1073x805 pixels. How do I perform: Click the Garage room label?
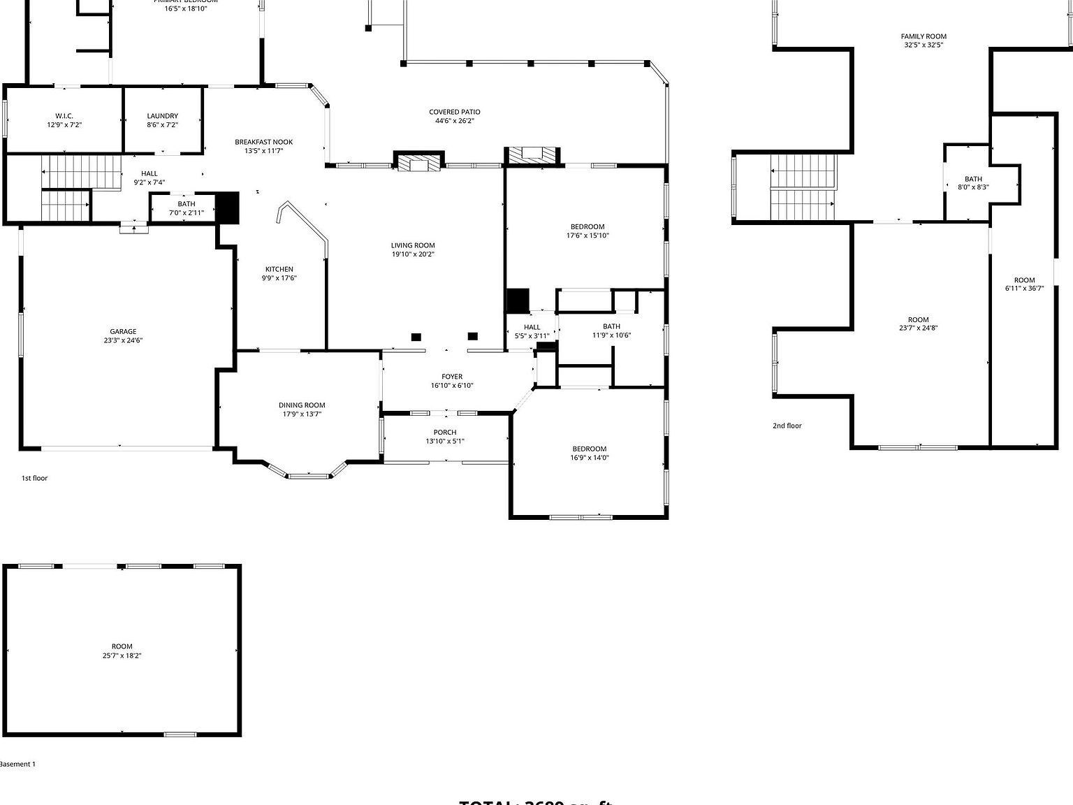[123, 332]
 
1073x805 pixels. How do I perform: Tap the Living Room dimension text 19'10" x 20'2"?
[413, 254]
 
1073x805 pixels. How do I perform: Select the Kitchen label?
[279, 269]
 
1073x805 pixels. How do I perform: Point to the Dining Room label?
[302, 405]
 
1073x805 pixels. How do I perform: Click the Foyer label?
[452, 377]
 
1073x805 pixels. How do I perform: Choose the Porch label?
[445, 433]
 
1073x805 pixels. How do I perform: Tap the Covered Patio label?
[454, 112]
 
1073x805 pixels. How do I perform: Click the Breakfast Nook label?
[263, 142]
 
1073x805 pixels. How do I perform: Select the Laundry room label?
[162, 116]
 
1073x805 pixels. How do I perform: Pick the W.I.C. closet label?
[64, 116]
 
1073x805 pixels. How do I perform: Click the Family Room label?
[924, 36]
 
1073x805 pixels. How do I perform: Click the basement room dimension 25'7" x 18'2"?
[122, 655]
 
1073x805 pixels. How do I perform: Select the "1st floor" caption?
[34, 478]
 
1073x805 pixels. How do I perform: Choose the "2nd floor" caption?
[787, 426]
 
